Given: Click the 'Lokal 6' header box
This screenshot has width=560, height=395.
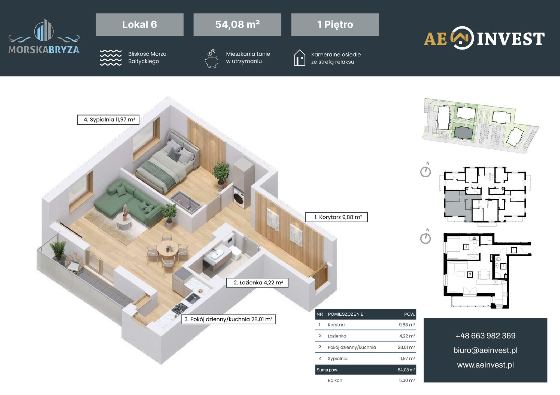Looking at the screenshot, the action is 139,25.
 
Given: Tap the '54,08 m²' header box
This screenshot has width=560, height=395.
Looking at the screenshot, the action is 237,25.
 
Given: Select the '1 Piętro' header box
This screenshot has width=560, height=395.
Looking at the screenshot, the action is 335,25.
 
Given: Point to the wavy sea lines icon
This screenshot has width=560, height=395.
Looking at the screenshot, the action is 111,58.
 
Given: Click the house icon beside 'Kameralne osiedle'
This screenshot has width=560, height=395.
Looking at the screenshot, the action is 299,58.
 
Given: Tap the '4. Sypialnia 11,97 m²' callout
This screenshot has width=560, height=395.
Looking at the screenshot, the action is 108,120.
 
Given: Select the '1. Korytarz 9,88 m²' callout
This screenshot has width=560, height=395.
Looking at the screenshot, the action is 336,217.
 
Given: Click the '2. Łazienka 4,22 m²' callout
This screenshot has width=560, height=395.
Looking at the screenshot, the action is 257,283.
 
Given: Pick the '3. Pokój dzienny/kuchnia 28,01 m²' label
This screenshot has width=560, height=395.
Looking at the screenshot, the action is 228,319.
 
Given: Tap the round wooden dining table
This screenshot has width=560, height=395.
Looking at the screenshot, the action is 167,249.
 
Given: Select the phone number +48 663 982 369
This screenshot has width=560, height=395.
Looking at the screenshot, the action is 485,336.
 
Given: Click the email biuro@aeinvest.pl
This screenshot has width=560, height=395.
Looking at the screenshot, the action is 485,350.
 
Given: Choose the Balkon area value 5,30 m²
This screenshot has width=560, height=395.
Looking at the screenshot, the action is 407,380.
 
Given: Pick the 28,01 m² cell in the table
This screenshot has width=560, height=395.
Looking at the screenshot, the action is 406,347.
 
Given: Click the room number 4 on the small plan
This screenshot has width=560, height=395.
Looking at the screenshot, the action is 466,247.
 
